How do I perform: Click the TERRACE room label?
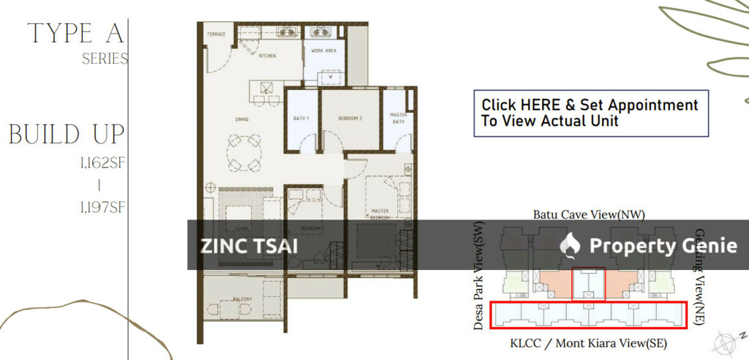coord(216,34)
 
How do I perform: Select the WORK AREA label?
coord(323,50)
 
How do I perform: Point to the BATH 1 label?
coord(301,118)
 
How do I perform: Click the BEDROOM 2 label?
coord(351,118)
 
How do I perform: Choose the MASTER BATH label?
coord(399,119)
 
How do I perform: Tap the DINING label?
coord(241,118)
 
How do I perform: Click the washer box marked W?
coord(330,75)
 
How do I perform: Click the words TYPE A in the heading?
coord(76,34)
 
